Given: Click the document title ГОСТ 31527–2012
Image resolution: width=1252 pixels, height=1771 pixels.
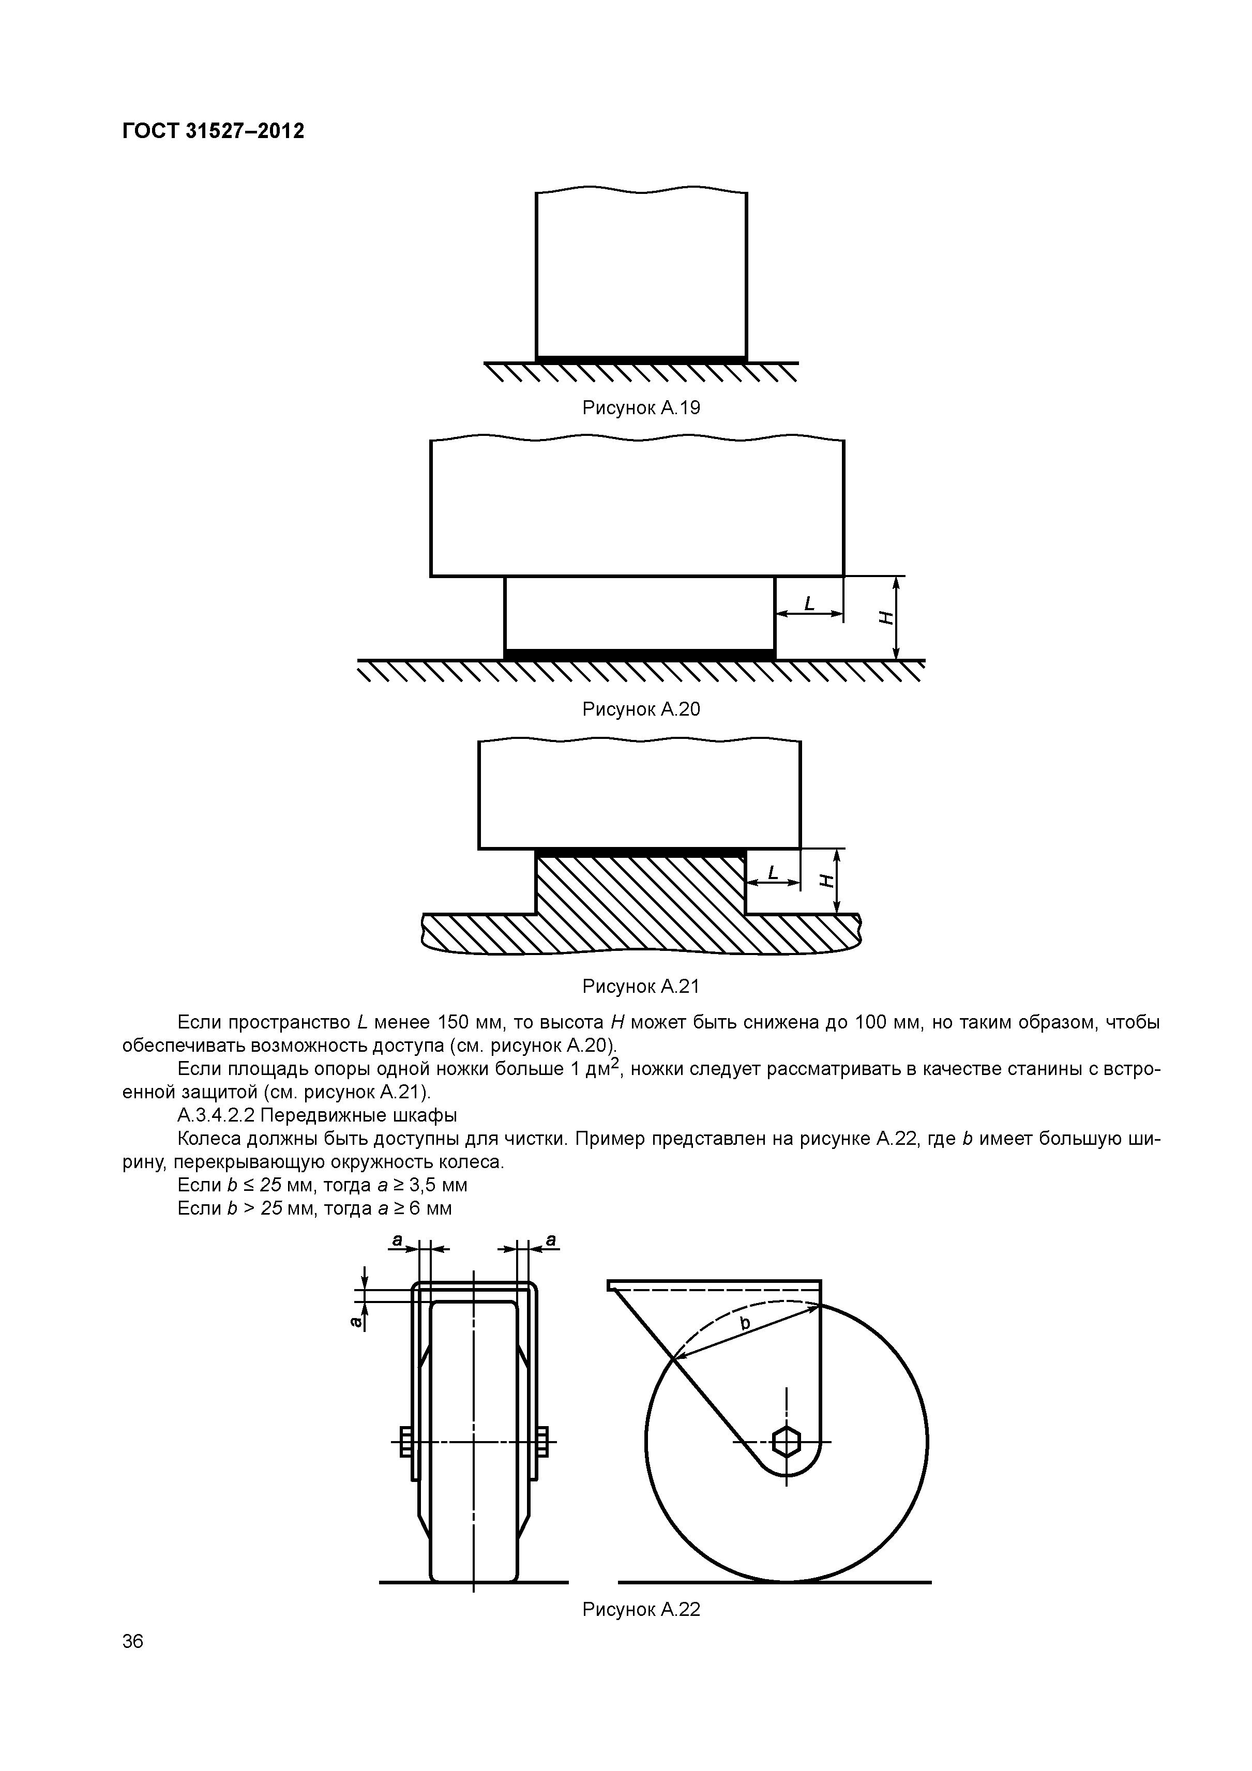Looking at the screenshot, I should coord(213,131).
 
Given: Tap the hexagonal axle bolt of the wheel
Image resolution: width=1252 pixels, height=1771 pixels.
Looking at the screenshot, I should coord(786,1441).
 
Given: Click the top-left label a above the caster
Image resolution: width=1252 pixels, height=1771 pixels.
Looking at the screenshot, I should coord(397,1239).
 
